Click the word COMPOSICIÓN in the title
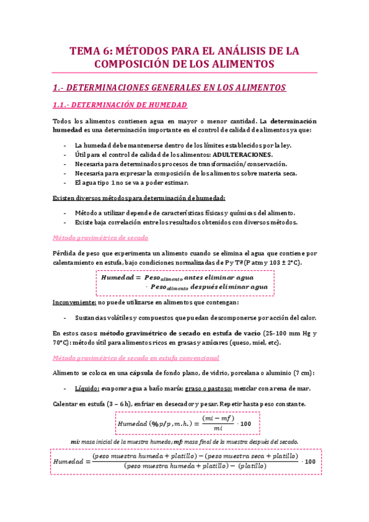(132, 64)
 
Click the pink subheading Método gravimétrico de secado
(100, 238)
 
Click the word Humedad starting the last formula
(70, 462)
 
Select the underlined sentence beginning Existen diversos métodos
(139, 198)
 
